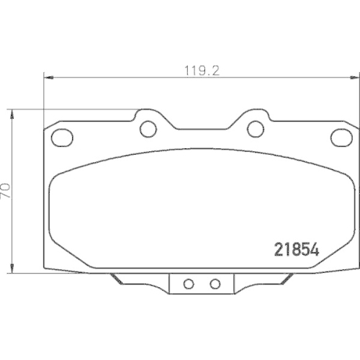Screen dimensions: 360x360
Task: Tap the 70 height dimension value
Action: [6, 191]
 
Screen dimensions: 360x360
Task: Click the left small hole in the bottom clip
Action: [189, 284]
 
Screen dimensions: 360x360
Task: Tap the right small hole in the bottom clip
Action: [214, 284]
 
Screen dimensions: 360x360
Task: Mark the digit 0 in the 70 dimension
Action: [6, 186]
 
